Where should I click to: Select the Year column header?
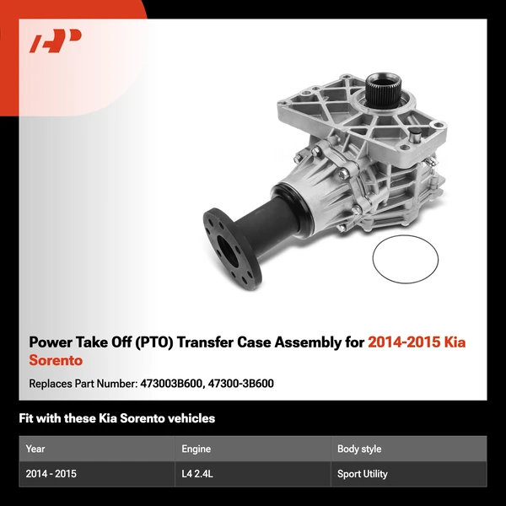pyautogui.click(x=35, y=449)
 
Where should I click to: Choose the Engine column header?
pyautogui.click(x=196, y=449)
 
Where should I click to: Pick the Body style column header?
pyautogui.click(x=359, y=449)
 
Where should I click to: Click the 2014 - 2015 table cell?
pyautogui.click(x=51, y=474)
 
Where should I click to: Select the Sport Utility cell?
pyautogui.click(x=363, y=474)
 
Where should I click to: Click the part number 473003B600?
pyautogui.click(x=170, y=384)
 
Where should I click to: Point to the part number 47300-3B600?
pyautogui.click(x=240, y=384)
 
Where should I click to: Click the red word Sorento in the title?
pyautogui.click(x=56, y=361)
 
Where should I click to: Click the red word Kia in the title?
pyautogui.click(x=452, y=343)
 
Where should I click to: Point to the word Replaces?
pyautogui.click(x=51, y=384)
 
